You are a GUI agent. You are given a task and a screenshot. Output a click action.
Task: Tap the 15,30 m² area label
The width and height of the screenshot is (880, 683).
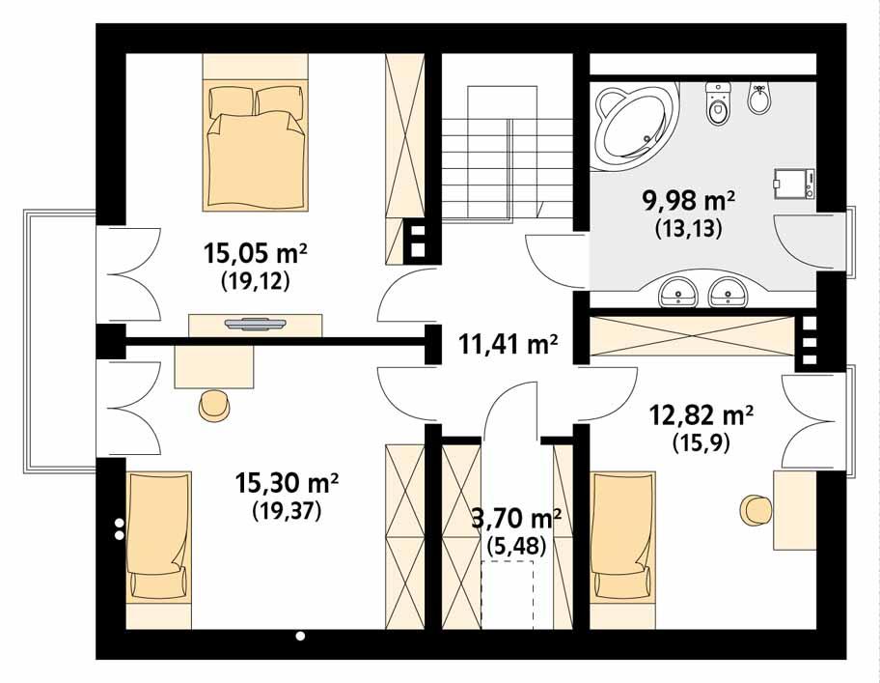coord(288,480)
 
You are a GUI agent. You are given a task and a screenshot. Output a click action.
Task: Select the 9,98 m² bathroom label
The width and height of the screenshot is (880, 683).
coord(689,201)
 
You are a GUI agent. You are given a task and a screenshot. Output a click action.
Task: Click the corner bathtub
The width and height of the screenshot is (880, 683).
coord(633,120)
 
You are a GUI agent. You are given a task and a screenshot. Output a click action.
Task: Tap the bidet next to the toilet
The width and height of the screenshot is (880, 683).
coord(760,99)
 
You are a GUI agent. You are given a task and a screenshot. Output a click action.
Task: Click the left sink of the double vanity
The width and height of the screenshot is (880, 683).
coord(679,290)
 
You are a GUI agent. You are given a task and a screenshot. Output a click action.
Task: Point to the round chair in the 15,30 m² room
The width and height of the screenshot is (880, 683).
coord(214,406)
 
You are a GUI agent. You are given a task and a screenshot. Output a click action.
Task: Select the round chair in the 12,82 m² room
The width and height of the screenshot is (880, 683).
coord(755,508)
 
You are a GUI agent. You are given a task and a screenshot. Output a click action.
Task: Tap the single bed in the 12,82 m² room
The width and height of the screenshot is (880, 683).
coord(621,536)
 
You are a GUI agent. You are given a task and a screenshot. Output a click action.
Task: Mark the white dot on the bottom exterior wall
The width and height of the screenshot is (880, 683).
coord(300,636)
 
